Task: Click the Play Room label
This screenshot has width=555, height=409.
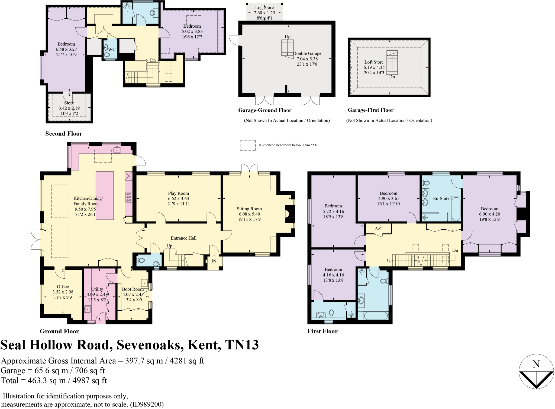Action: (x=178, y=193)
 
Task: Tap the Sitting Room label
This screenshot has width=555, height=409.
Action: (x=249, y=209)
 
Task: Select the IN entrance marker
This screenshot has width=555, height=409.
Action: (x=214, y=261)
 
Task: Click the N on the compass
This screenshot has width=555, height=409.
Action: (x=536, y=364)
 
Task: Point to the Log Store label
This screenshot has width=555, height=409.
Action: (x=264, y=8)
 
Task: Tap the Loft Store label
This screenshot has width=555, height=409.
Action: (x=374, y=62)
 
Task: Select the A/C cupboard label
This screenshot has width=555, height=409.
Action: (x=378, y=228)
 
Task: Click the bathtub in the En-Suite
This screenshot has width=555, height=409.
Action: (x=456, y=208)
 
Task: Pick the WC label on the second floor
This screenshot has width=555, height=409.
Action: (x=112, y=49)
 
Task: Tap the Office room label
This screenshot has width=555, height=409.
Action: (x=63, y=286)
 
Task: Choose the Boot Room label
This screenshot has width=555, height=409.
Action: (x=133, y=289)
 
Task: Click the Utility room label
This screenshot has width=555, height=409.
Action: (x=97, y=289)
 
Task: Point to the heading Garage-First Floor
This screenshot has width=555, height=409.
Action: (x=370, y=110)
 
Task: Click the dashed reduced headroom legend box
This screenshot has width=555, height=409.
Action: (x=247, y=145)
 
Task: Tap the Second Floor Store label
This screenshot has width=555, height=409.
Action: (x=69, y=103)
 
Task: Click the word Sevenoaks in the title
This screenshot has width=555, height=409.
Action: (x=148, y=345)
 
